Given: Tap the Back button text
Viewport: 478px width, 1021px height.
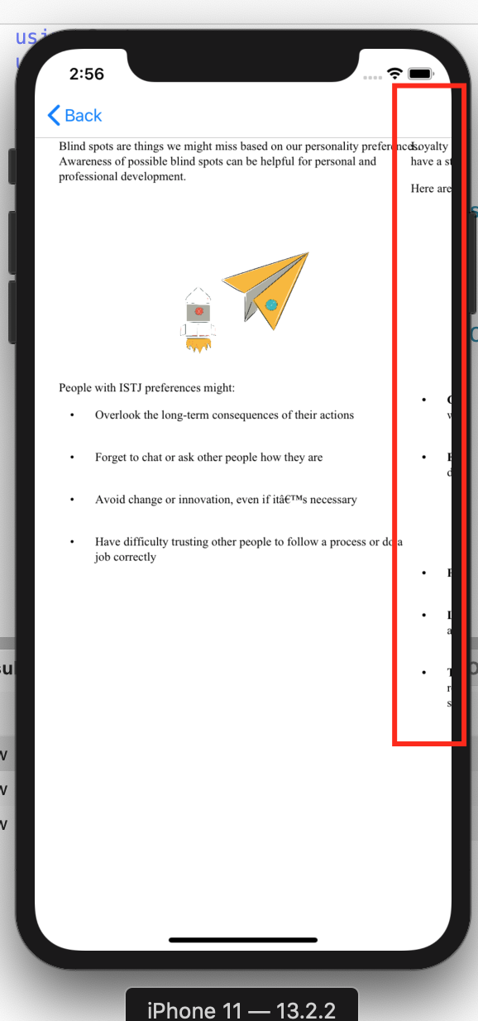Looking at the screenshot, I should point(84,116).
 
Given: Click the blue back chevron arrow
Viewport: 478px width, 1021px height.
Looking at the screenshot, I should point(54,116).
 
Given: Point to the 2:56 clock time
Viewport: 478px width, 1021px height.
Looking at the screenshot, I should point(87,74).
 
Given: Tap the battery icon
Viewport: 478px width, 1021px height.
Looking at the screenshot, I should point(420,74).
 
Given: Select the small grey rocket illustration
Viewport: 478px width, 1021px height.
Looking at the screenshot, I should point(198,319).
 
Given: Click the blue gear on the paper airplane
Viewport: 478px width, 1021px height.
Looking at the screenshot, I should point(270,304).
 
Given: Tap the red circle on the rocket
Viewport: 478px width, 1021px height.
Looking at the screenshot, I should point(198,311).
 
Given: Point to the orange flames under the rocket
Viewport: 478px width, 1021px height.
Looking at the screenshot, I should point(198,345).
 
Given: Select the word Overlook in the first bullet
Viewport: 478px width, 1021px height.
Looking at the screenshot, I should point(117,415).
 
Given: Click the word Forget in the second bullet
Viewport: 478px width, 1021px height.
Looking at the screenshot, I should point(112,457).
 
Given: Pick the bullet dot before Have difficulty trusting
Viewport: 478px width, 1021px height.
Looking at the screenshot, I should point(73,542).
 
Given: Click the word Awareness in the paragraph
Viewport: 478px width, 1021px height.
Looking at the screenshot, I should point(88,161).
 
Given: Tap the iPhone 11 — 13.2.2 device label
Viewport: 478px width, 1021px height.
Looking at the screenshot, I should point(241,1009).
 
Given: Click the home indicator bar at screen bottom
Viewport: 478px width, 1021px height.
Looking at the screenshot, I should point(243,940).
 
